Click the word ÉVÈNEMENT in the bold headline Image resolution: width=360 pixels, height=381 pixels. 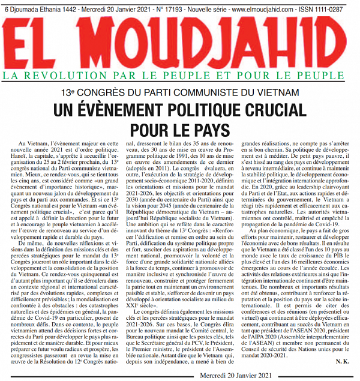(134, 111)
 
